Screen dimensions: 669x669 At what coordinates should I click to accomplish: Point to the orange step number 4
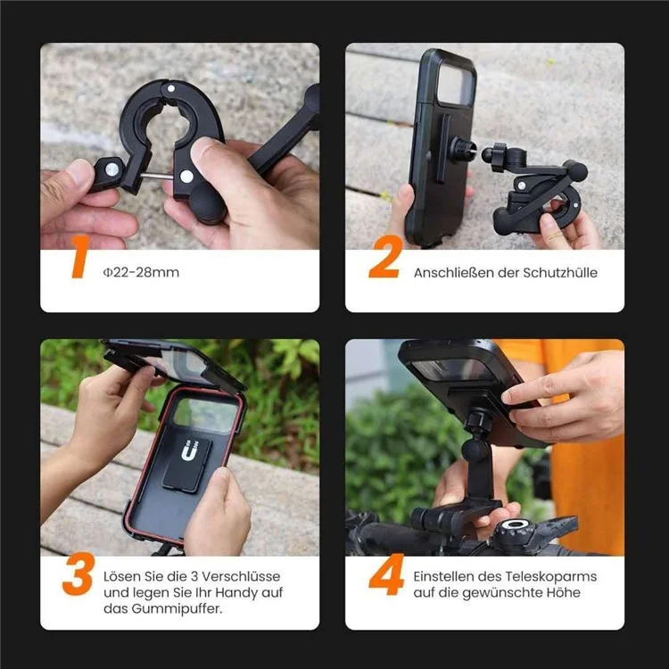point(386,577)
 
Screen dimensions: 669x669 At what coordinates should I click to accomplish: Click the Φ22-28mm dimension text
point(141,272)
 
